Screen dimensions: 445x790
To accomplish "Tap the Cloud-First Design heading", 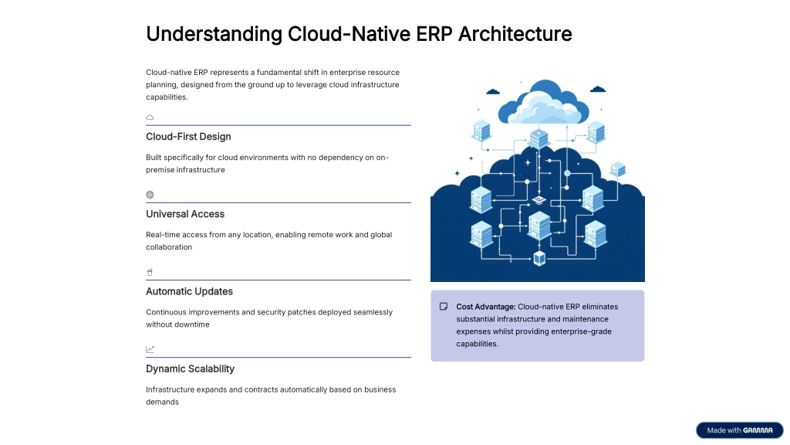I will [x=188, y=137].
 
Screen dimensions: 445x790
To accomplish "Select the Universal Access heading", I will [x=185, y=214].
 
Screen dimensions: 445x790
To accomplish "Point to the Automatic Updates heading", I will [x=189, y=291].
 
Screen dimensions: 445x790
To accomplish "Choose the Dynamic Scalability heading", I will [x=190, y=369].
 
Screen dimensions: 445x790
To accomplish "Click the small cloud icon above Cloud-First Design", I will [x=150, y=117].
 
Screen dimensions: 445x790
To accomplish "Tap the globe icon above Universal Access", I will [x=150, y=195].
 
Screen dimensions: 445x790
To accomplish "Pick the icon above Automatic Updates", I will [x=150, y=272].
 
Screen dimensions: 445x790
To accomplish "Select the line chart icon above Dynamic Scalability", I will [x=150, y=349].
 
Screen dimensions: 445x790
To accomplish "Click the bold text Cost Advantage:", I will [x=486, y=307].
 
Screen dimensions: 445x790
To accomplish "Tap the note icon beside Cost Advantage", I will [x=444, y=307].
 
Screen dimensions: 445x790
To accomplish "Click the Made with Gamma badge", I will [x=739, y=430].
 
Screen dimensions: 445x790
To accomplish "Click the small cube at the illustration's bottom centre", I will [x=539, y=257].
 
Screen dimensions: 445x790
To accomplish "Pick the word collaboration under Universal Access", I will [x=169, y=247].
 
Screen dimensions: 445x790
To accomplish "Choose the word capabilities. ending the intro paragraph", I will [x=167, y=97].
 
